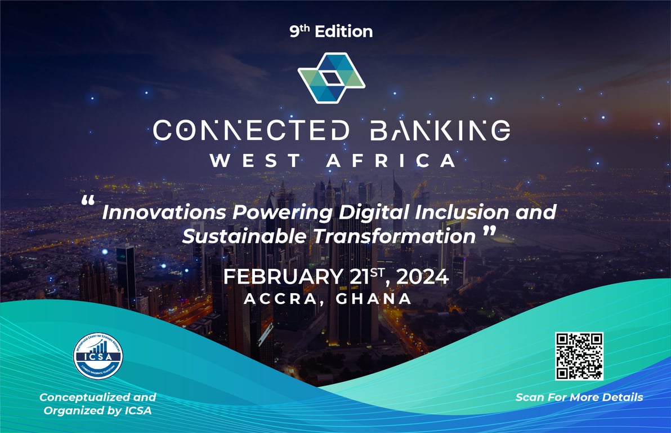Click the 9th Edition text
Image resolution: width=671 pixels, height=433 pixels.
tap(331, 32)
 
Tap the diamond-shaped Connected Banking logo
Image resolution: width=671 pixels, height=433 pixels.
tap(332, 78)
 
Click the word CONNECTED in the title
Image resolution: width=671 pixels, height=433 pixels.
tap(251, 131)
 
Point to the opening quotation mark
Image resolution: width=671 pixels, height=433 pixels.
tap(87, 201)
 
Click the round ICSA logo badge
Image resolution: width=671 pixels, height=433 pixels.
tap(98, 356)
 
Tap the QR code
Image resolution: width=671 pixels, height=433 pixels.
tap(579, 356)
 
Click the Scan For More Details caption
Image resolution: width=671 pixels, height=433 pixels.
tap(579, 397)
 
